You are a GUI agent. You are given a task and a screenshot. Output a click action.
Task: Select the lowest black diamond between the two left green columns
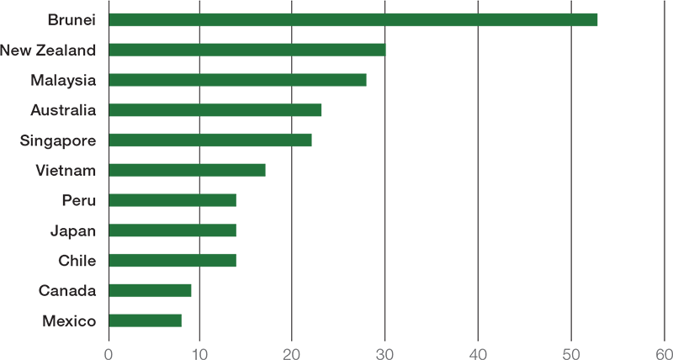(199, 246)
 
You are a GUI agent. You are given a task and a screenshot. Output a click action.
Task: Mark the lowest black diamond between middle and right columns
(292, 124)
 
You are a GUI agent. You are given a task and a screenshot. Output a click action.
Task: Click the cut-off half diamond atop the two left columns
(199, 4)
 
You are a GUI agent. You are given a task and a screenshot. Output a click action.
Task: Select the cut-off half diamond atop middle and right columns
(292, 4)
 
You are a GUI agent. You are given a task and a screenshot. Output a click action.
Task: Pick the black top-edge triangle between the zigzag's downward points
(478, 10)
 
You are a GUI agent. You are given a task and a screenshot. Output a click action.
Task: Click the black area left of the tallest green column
(50, 168)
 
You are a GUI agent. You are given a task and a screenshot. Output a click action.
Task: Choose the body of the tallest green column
(151, 168)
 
